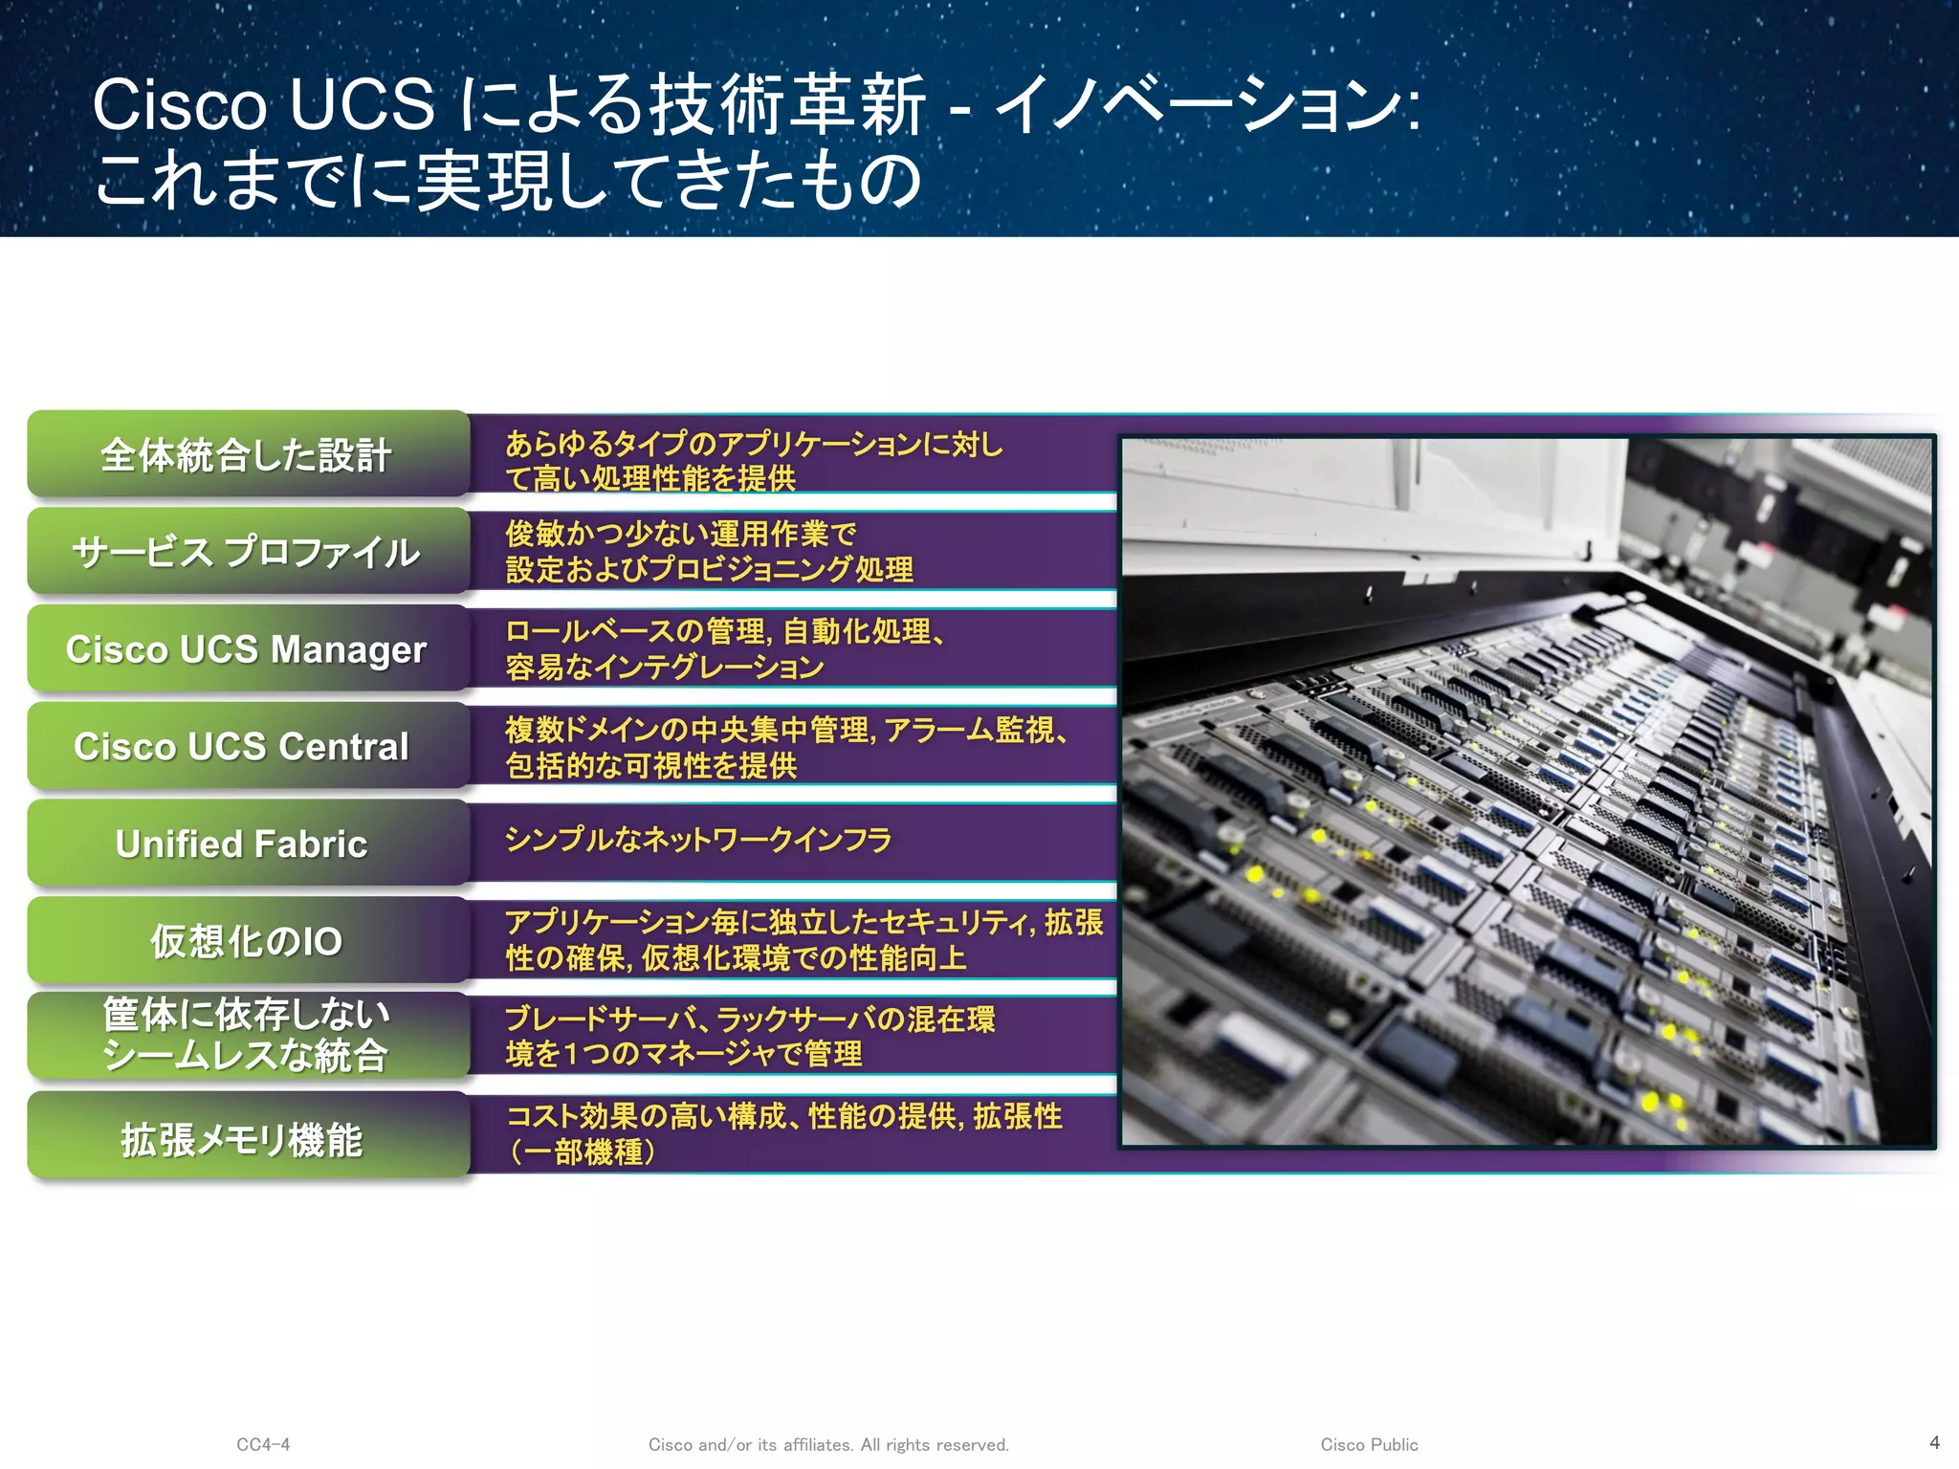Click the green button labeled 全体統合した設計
248,454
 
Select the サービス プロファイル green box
248,552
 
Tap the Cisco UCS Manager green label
248,649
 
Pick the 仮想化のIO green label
248,941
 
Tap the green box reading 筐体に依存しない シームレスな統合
248,1036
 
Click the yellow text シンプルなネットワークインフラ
698,840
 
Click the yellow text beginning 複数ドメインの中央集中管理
784,747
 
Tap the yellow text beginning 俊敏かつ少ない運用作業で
708,551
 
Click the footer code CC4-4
263,1444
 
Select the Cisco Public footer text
1369,1444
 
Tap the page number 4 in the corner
1934,1442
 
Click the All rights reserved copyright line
828,1444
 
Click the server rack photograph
1527,791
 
